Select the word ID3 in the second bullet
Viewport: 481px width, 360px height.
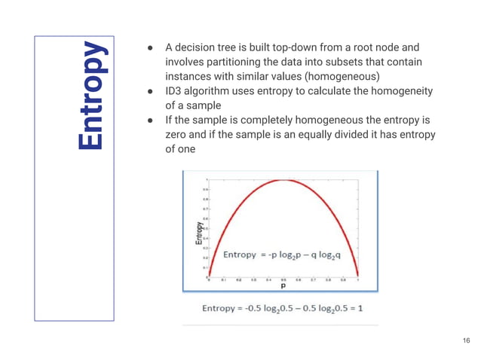(173, 91)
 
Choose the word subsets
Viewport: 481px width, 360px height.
(350, 61)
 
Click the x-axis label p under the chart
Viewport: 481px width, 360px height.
(283, 286)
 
